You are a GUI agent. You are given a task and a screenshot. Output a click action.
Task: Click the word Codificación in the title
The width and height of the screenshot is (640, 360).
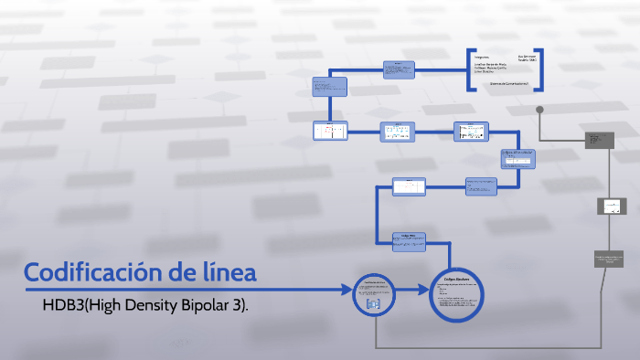(x=88, y=272)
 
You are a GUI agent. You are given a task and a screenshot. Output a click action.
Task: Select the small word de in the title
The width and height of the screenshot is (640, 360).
(x=179, y=272)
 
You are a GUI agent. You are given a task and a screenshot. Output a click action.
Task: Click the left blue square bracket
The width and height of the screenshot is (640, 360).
(x=470, y=69)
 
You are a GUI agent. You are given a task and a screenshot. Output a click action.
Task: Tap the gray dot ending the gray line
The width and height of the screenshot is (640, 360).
(x=540, y=110)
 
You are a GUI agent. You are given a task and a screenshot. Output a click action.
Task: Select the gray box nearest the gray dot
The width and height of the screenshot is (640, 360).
(x=599, y=139)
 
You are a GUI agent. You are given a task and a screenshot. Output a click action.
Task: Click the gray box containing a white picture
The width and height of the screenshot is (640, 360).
(x=612, y=206)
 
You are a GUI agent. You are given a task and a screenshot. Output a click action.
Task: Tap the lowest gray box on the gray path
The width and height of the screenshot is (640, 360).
(x=608, y=259)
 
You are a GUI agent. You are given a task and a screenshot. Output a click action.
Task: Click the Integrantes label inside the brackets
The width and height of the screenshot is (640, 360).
(x=484, y=56)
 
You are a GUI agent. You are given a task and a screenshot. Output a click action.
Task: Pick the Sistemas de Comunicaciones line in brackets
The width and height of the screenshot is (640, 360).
(x=510, y=83)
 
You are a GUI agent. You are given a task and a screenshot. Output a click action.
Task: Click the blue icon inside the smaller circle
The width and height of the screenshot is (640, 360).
(x=372, y=303)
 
